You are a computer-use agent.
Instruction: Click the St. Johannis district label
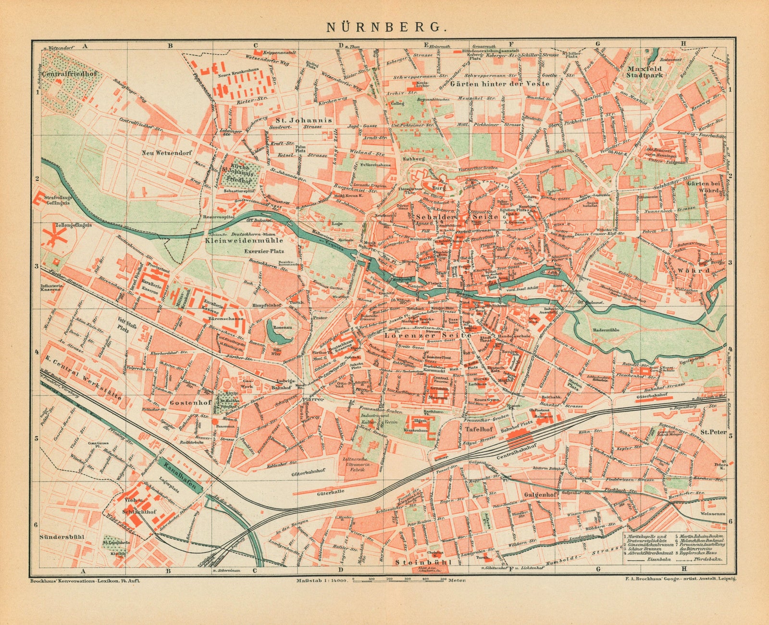(x=310, y=120)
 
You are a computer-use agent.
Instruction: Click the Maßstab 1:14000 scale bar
(x=399, y=580)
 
